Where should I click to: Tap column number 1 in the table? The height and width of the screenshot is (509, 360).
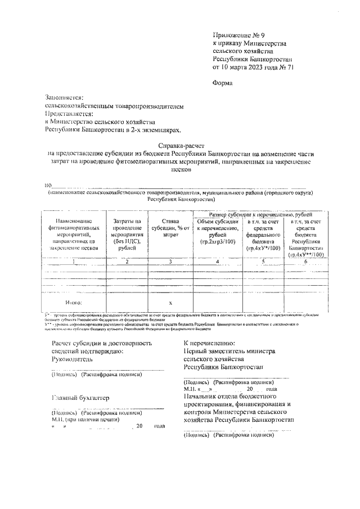coord(73,262)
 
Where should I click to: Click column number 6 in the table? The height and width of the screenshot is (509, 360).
coord(305,262)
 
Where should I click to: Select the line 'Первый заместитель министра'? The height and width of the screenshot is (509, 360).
coord(229,351)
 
